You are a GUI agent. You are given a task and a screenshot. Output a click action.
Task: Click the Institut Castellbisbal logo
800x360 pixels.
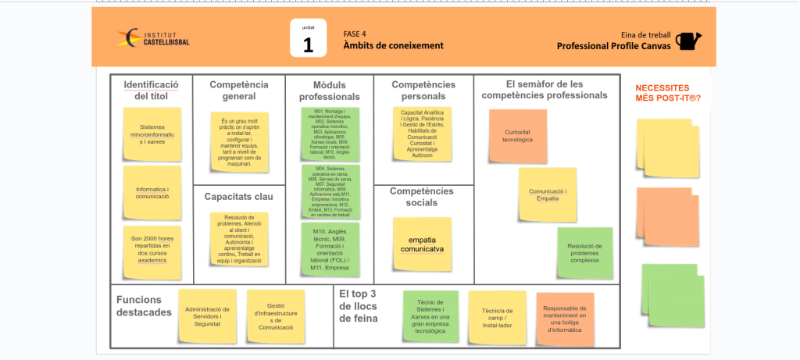pos(154,38)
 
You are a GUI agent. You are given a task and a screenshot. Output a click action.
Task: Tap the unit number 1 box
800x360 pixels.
pos(308,39)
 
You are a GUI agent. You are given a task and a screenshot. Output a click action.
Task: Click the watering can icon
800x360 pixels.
pos(687,41)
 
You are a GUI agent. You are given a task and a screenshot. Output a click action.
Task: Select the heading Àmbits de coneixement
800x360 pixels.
pos(393,45)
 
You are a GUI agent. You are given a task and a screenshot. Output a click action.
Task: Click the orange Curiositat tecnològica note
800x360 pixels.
pos(517,136)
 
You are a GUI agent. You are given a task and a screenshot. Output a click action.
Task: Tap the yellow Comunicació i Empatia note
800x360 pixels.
pos(548,194)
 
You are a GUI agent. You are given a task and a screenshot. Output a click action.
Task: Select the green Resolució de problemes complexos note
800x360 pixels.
pos(585,251)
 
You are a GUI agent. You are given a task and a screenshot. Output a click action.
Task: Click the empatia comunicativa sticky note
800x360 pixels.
pos(422,244)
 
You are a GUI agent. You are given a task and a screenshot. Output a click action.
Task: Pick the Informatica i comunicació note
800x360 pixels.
pos(152,192)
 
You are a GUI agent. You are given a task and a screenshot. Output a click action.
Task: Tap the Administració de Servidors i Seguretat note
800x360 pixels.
pos(207,315)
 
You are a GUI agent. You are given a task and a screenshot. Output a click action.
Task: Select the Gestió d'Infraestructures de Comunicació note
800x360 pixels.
pos(275,316)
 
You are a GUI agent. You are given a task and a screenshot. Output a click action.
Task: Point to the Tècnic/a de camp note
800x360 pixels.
pos(497,315)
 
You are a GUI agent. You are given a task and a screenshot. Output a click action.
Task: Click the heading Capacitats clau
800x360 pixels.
pos(238,197)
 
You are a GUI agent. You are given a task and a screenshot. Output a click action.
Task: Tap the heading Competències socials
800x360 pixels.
pos(422,197)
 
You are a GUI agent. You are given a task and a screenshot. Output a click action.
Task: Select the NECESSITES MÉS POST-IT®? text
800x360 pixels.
pos(667,93)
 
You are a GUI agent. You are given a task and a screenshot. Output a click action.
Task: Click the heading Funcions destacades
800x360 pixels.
pos(144,306)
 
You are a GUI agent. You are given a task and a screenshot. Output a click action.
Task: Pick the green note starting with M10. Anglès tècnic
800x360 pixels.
pos(330,249)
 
